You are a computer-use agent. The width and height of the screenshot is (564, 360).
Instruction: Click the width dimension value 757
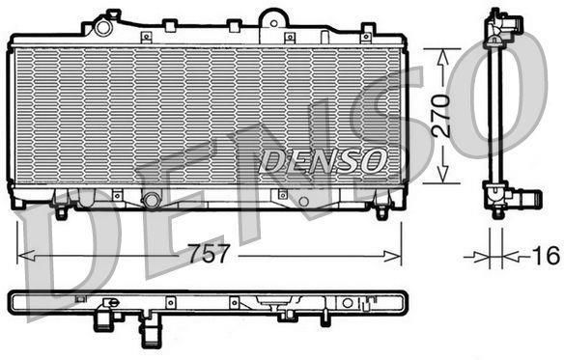(x=209, y=253)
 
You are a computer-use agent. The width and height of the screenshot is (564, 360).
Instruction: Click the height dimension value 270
(x=441, y=116)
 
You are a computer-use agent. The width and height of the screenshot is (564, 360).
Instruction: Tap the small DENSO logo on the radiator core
(x=322, y=161)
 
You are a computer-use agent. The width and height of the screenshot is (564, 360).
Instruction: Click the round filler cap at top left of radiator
(x=102, y=27)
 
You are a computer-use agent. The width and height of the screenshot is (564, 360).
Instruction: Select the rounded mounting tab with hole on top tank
(x=273, y=21)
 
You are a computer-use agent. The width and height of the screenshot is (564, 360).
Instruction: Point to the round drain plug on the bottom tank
(x=152, y=200)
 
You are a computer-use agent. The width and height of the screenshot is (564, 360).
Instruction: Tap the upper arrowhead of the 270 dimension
(x=442, y=58)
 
